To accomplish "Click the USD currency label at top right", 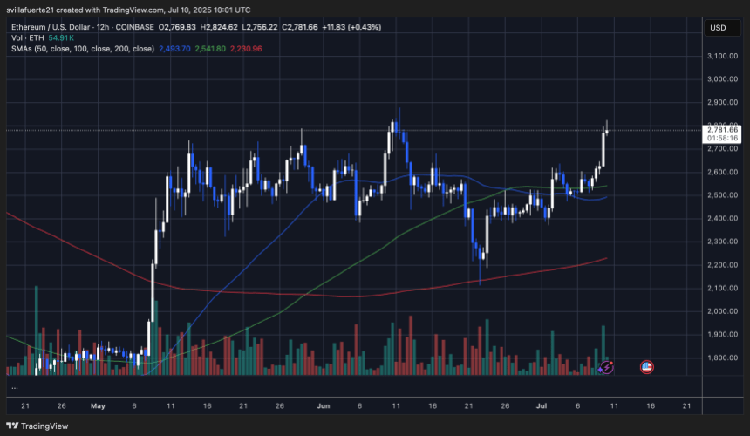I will pyautogui.click(x=719, y=27).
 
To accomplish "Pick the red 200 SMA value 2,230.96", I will pyautogui.click(x=252, y=48).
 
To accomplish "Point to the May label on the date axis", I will pyautogui.click(x=97, y=406).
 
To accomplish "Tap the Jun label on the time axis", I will pyautogui.click(x=324, y=406).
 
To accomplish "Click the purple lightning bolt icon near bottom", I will pyautogui.click(x=607, y=368).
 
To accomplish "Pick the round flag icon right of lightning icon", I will pyautogui.click(x=648, y=368).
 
